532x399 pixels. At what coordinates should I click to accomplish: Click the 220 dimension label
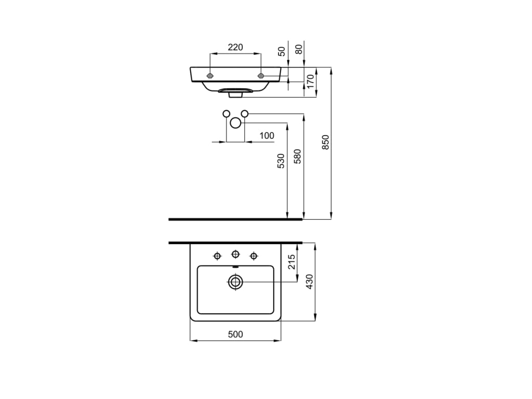click(235, 47)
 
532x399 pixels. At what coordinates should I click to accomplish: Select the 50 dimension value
click(282, 51)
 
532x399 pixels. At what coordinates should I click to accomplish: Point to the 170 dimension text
click(311, 82)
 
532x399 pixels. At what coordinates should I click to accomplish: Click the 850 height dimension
click(326, 142)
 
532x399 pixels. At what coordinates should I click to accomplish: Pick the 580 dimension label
click(298, 157)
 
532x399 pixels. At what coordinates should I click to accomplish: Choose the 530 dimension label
click(281, 161)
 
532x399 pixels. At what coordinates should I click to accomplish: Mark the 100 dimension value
click(267, 136)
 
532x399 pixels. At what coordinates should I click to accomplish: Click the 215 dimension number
click(292, 261)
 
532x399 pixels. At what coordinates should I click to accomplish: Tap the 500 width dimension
click(235, 335)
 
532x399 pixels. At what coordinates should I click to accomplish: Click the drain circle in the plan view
click(235, 282)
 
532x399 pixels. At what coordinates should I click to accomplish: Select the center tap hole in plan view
click(235, 254)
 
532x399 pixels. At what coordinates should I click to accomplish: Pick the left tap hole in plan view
click(217, 255)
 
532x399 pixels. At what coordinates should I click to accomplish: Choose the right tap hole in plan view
click(254, 255)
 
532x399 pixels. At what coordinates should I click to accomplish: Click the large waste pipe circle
click(235, 123)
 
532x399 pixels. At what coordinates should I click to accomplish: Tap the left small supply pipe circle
click(226, 113)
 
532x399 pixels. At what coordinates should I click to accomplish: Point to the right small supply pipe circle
click(245, 113)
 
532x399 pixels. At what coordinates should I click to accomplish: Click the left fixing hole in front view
click(210, 76)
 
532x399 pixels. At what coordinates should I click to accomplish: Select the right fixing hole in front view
click(261, 76)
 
